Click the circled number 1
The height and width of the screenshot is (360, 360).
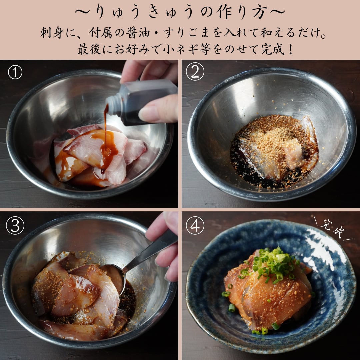pos(15,72)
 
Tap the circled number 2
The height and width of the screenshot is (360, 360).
pos(195,71)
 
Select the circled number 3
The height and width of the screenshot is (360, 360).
pos(15,225)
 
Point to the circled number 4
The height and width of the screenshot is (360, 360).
pos(195,225)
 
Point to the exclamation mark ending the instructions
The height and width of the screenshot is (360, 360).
pos(290,49)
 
